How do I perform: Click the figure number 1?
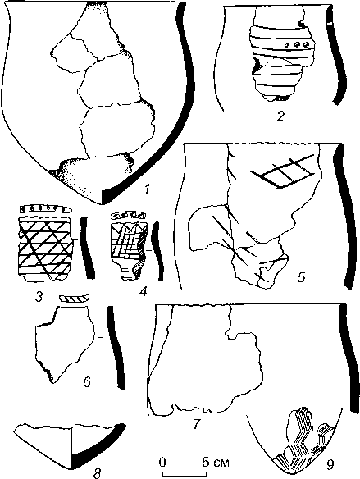(x=147, y=189)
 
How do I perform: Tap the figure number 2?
(x=280, y=116)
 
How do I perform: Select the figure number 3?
(x=39, y=297)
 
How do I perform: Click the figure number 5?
(x=302, y=277)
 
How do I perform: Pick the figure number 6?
(x=86, y=381)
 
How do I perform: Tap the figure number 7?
(x=196, y=423)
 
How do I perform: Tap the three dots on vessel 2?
(x=297, y=45)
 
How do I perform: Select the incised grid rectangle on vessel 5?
(x=283, y=171)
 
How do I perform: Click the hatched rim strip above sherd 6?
(x=74, y=299)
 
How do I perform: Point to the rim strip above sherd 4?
(x=128, y=215)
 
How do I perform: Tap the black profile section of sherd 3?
(x=87, y=247)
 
